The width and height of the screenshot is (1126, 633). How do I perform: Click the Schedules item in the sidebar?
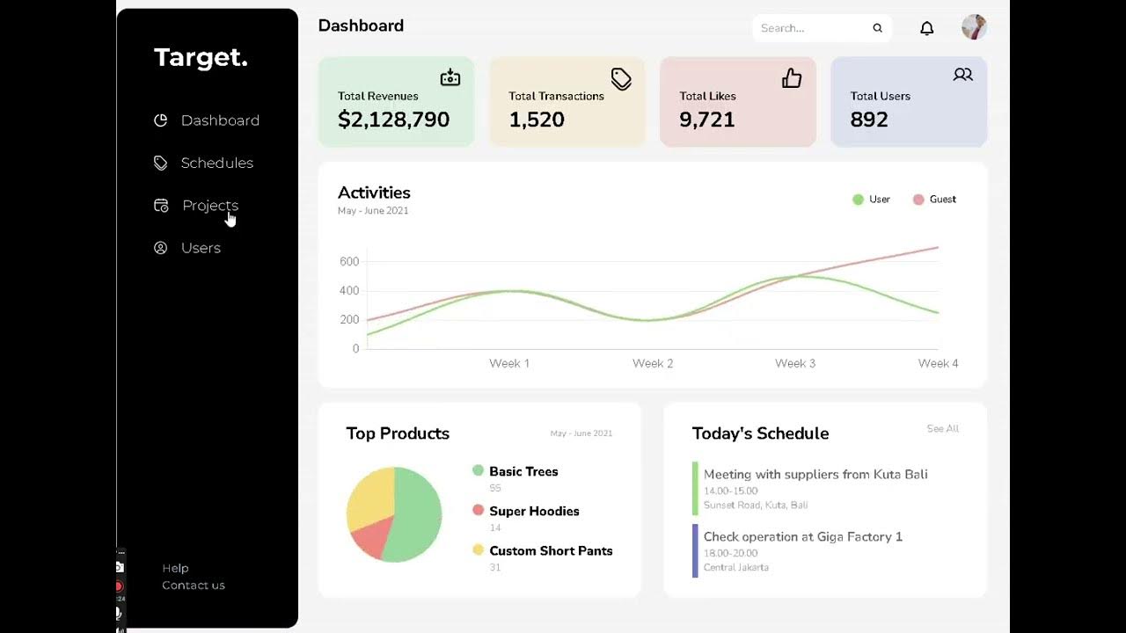(216, 163)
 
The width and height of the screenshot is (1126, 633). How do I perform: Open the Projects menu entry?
(209, 205)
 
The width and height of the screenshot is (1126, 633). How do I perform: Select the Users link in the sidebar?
(201, 248)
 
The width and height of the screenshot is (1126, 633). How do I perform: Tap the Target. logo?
(201, 58)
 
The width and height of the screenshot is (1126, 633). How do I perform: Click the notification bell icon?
(926, 28)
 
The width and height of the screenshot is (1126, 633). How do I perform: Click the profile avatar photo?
(974, 27)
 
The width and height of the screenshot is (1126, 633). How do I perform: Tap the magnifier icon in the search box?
(877, 28)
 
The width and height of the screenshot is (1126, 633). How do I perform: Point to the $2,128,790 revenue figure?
(393, 120)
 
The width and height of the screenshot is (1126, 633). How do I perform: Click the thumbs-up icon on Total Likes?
(792, 78)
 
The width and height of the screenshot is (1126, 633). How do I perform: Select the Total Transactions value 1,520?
(537, 120)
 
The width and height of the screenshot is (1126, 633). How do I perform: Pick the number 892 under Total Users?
(869, 120)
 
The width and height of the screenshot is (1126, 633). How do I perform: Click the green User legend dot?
(858, 200)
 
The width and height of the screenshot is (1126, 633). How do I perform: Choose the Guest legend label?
(942, 200)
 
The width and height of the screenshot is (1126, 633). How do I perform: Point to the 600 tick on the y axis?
(349, 261)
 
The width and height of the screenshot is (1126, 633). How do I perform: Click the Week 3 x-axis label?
(794, 363)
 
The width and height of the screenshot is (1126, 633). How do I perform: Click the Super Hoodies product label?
(534, 511)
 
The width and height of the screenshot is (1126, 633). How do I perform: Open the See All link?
(942, 429)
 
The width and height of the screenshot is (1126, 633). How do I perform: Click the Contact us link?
(194, 586)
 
